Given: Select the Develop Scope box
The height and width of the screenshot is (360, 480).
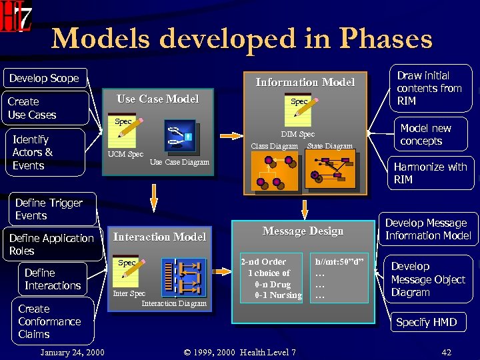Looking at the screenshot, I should [44, 78].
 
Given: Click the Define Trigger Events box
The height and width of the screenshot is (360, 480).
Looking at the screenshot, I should [49, 209].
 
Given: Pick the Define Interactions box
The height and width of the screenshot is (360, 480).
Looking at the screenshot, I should [53, 279].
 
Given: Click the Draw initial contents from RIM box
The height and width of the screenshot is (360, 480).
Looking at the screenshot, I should [429, 88].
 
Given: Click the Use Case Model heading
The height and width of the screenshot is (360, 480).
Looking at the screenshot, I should [157, 99].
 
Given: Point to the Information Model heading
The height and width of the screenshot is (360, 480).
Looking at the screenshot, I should [305, 82].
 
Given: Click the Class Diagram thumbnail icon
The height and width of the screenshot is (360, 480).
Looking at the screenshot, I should [274, 171].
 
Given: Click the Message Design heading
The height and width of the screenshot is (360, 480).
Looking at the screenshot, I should [303, 231].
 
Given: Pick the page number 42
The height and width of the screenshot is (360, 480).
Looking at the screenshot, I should [446, 352].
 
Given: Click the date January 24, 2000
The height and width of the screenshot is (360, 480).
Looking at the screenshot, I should [72, 352].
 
